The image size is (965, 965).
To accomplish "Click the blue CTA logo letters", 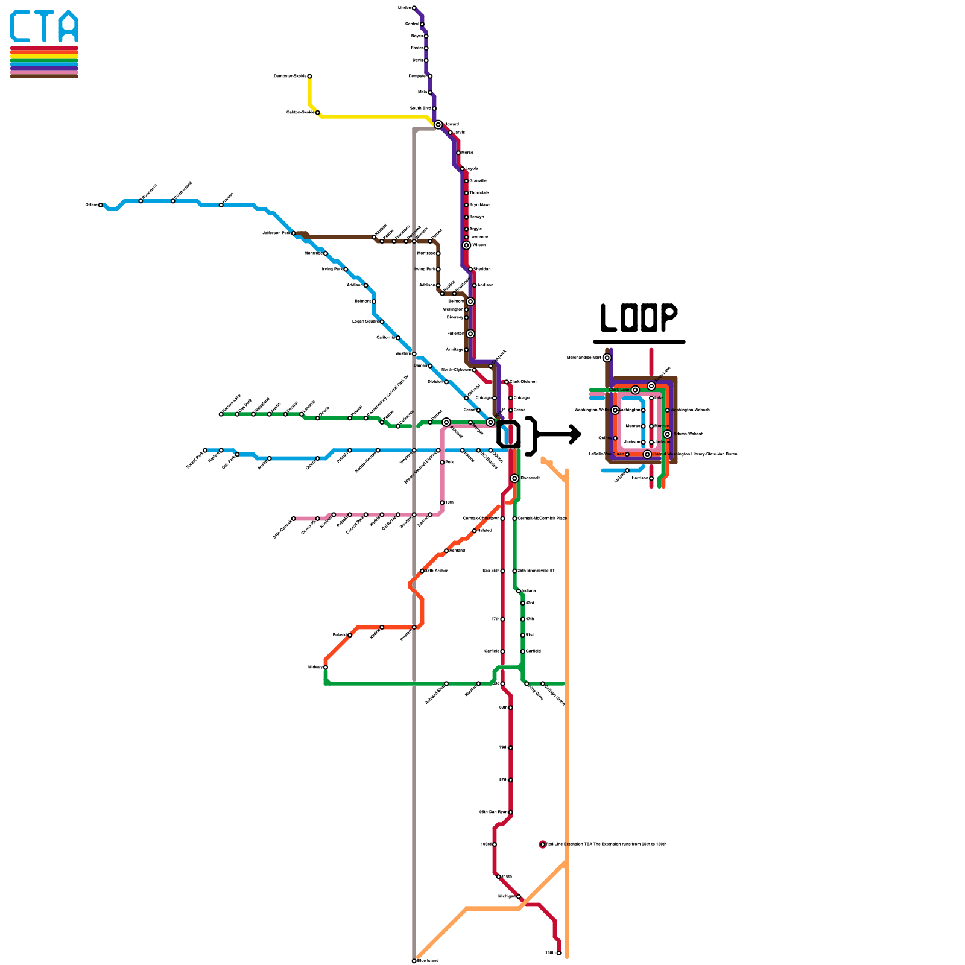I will pos(44,27).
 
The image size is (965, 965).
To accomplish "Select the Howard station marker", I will pos(438,124).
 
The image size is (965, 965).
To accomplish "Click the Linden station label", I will pos(404,8).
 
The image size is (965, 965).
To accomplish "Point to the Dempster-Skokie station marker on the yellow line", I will pos(309,76).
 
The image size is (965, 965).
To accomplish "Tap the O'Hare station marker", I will pos(101,205).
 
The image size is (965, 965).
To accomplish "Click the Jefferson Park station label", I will pos(276,233).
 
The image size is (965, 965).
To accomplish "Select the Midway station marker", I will pos(326,667).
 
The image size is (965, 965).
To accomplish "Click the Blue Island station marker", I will pos(414,961).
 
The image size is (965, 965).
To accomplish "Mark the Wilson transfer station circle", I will pos(466,245).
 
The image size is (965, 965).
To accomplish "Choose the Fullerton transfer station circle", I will pos(470,334).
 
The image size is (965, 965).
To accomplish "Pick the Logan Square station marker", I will pos(382,321).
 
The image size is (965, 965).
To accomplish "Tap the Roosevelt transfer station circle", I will pos(514,478).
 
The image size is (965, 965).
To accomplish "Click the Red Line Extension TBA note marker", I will pos(543,844).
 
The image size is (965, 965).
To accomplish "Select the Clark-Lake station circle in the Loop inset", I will pos(635,390).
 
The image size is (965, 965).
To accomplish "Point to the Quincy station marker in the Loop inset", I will pos(615,438).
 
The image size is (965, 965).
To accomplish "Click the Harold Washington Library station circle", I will pos(647,454).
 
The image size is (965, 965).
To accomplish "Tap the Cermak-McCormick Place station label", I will pos(542,519).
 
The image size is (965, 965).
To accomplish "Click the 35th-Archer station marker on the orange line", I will pos(422,571).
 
